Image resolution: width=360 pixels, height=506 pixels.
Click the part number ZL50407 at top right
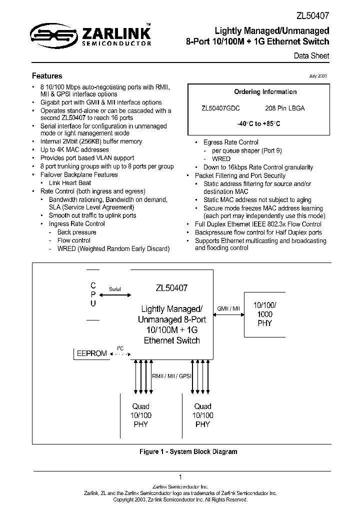coord(313,16)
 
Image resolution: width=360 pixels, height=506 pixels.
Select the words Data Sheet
coord(311,56)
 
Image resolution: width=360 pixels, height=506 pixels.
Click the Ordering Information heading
coord(265,92)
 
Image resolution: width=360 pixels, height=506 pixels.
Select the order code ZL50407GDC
coord(220,108)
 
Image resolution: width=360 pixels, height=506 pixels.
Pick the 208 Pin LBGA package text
coord(284,108)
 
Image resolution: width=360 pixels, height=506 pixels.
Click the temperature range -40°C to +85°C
coord(258,123)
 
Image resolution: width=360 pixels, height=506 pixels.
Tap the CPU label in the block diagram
coord(93,294)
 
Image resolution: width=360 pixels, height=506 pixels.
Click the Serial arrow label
coord(114,289)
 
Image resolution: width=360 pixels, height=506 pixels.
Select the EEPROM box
coord(91,353)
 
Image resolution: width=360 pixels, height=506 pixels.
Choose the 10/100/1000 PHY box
coord(265,314)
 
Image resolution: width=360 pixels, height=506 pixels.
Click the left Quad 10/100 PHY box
coord(140,415)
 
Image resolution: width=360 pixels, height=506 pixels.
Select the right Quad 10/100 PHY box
coord(202,415)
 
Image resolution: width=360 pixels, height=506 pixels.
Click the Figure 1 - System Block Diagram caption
coord(188,451)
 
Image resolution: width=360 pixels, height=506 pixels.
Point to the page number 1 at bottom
coord(180,477)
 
